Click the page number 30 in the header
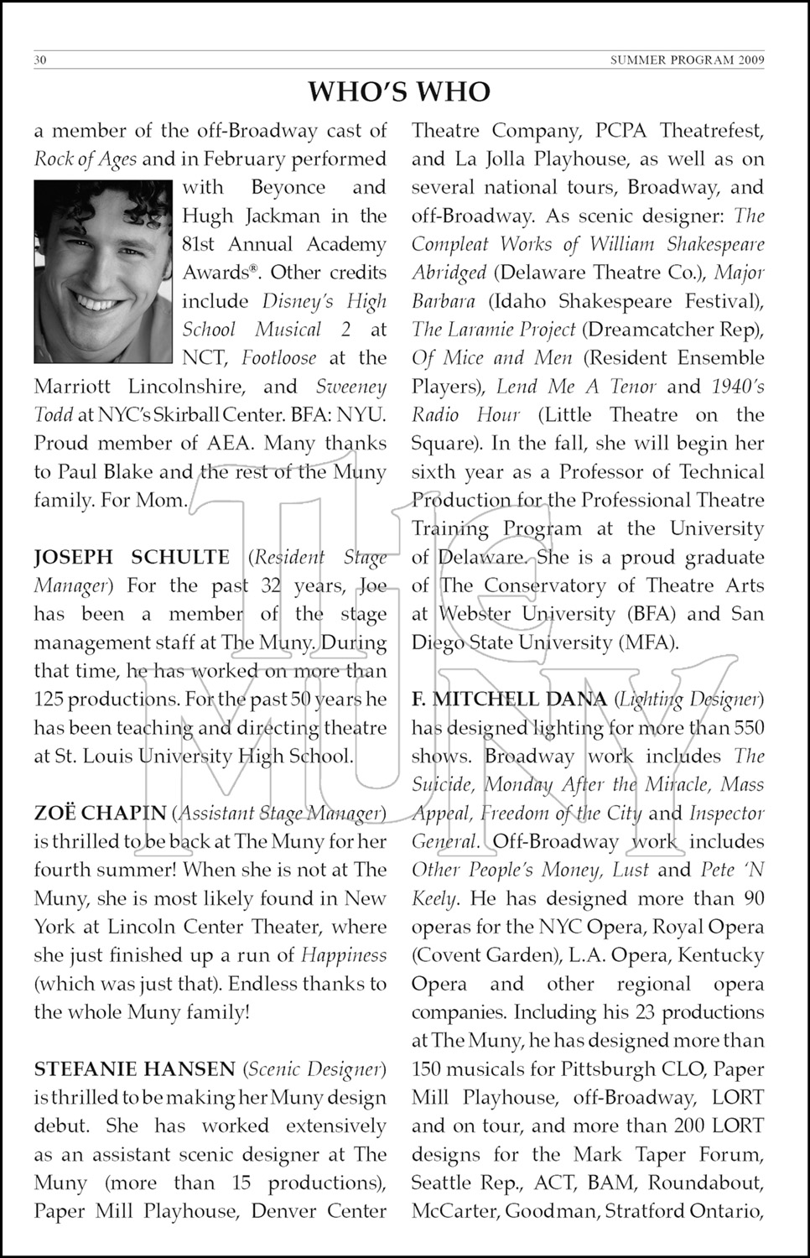(x=40, y=60)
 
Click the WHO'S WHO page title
(x=399, y=91)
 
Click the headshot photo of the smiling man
(x=104, y=272)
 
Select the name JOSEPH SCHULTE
(x=132, y=557)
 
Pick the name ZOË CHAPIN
(x=100, y=813)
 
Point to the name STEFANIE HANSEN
(x=134, y=1069)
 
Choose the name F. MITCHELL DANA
(x=509, y=699)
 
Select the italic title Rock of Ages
(x=85, y=159)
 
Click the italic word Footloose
(x=279, y=358)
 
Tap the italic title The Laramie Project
(x=493, y=330)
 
